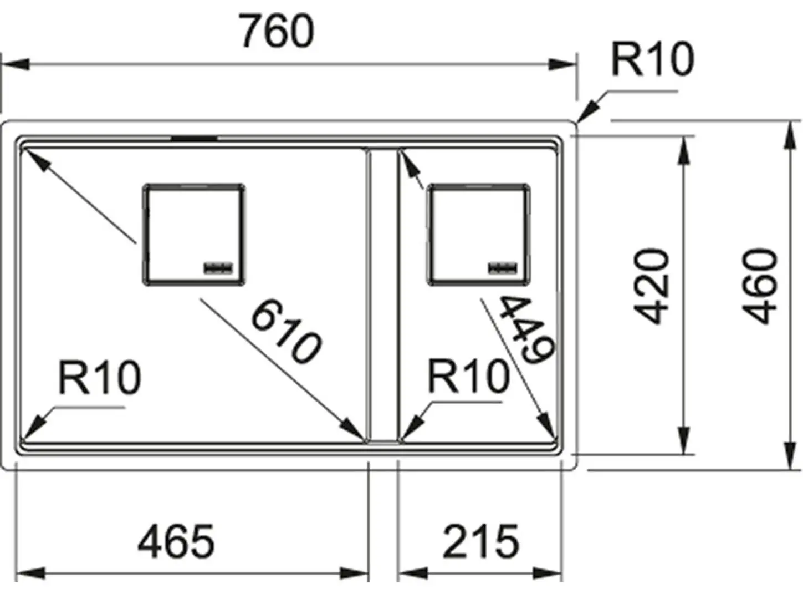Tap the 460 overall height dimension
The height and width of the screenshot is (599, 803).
click(759, 286)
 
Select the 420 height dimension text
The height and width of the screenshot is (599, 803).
click(652, 286)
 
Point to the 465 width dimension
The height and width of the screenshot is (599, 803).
click(176, 541)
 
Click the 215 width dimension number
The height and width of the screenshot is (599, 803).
click(480, 541)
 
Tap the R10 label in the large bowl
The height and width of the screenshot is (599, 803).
click(100, 378)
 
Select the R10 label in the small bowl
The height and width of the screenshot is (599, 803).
click(468, 375)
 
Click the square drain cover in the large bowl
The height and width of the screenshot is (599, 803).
click(194, 235)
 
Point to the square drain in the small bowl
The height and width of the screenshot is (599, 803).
click(479, 235)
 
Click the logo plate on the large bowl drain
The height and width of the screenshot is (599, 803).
click(218, 268)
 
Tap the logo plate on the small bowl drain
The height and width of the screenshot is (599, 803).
click(503, 268)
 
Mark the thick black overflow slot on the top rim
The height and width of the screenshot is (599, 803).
click(195, 139)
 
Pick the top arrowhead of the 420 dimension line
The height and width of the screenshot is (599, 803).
click(683, 150)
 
